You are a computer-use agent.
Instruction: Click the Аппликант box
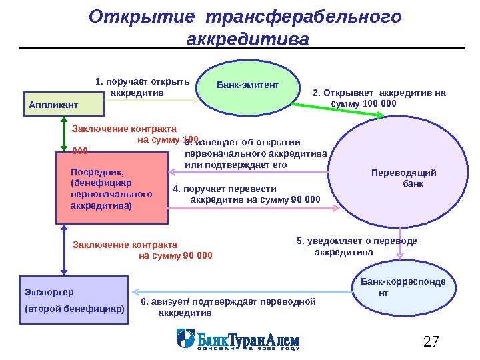[x=64, y=105]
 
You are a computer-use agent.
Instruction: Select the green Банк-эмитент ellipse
[x=247, y=88]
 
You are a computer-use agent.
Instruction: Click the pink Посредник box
[x=111, y=187]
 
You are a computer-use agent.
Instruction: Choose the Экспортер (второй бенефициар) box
[x=73, y=301]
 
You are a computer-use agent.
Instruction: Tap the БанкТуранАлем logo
[x=238, y=339]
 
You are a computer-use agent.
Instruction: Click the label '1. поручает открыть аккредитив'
[x=142, y=87]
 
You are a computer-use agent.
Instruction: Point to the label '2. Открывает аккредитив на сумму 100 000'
[x=378, y=98]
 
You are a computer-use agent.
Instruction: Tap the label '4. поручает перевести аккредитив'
[x=246, y=194]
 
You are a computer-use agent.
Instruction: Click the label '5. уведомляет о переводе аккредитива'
[x=357, y=246]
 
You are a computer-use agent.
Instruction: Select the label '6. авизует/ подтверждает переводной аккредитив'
[x=228, y=307]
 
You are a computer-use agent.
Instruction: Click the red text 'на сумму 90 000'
[x=175, y=255]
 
